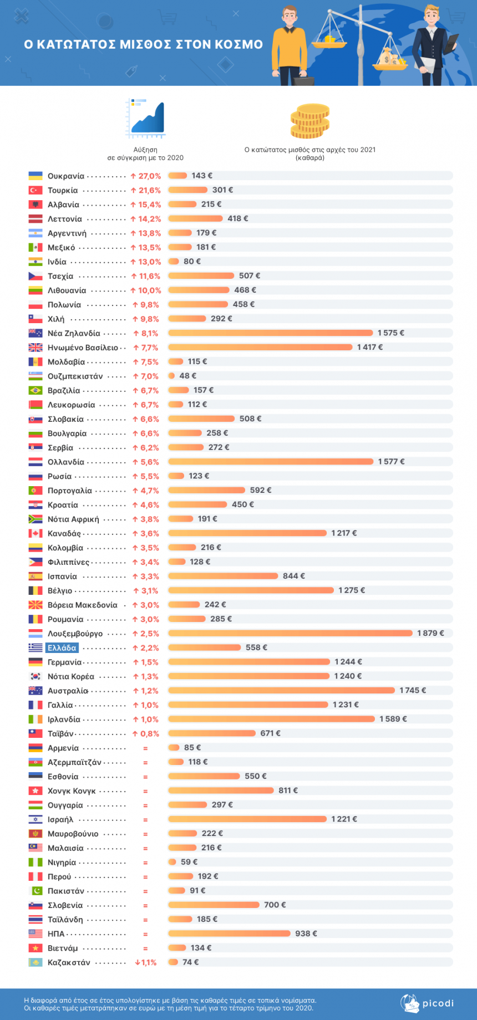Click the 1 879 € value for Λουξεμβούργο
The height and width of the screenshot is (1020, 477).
430,633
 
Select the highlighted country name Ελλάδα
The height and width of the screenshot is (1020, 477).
62,647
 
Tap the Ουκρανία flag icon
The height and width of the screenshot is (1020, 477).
35,176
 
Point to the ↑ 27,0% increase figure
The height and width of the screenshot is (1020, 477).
146,176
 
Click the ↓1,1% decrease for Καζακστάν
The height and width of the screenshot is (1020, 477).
146,962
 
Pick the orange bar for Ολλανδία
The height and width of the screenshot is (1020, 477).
271,462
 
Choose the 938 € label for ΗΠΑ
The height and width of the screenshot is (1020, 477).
306,934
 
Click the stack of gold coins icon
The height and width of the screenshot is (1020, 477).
309,121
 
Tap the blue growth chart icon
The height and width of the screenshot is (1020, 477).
146,118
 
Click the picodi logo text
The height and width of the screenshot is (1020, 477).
438,1003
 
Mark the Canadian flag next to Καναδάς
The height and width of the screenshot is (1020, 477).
35,533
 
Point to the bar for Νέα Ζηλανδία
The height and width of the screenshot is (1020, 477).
271,333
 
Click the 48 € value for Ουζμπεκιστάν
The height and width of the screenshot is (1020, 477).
187,376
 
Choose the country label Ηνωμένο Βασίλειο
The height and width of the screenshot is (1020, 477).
83,348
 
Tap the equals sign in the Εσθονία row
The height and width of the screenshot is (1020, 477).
145,777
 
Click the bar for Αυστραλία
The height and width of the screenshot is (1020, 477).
281,690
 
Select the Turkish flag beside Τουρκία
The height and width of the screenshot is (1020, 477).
35,190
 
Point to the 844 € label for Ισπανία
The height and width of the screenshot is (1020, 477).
293,576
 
